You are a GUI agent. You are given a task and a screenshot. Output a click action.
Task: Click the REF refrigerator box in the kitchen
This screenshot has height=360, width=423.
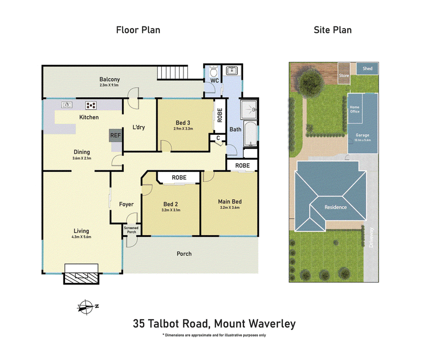click(115, 136)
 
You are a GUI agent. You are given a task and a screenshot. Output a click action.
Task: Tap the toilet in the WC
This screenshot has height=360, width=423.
click(214, 71)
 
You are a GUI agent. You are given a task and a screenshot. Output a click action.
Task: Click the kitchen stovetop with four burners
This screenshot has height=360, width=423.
click(90, 105)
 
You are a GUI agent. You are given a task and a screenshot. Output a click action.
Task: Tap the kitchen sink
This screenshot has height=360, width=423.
click(67, 105)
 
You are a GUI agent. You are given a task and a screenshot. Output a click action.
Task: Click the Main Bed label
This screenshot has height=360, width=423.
click(229, 201)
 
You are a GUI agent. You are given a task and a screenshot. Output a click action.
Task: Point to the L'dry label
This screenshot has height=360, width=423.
click(139, 127)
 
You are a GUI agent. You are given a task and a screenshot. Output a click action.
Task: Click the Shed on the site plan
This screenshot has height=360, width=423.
click(367, 69)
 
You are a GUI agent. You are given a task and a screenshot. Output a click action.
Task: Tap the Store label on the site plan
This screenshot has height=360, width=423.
click(344, 75)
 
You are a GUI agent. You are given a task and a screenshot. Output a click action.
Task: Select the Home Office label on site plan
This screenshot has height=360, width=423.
click(354, 109)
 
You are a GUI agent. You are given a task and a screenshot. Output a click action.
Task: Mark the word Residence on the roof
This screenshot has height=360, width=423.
click(335, 207)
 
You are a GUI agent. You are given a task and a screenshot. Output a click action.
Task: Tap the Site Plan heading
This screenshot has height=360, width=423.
click(333, 30)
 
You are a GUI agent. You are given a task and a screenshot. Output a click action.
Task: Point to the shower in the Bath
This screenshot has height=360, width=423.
click(248, 110)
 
